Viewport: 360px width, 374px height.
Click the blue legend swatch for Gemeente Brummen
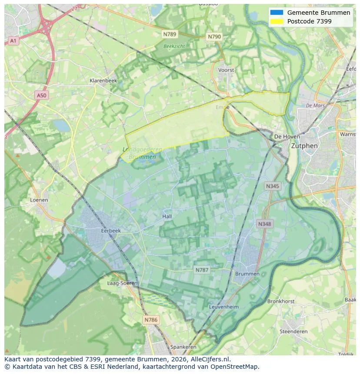point(277,13)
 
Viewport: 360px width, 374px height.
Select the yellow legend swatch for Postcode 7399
point(277,21)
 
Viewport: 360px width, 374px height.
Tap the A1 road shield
point(13,40)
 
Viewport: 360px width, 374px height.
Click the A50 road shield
point(41,95)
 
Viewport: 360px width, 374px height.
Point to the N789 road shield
point(170,34)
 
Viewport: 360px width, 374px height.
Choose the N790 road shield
point(214,37)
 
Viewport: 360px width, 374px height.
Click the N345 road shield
point(273,186)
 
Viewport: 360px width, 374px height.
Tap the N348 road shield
point(264,224)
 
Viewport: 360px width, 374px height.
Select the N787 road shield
point(202,270)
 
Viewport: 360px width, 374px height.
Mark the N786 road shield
point(151,320)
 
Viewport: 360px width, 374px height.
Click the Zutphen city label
point(304,146)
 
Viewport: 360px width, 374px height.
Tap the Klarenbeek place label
point(103,81)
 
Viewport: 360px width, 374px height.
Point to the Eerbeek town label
point(110,231)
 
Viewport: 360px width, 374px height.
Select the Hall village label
point(167,216)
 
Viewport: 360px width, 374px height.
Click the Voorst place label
point(226,70)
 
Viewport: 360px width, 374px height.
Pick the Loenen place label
point(39,200)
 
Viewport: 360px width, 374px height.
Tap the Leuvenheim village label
point(224,307)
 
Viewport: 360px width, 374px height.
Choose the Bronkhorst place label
point(281,301)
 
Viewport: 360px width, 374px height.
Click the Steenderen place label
point(293,331)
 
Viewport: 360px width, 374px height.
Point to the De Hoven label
point(287,136)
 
